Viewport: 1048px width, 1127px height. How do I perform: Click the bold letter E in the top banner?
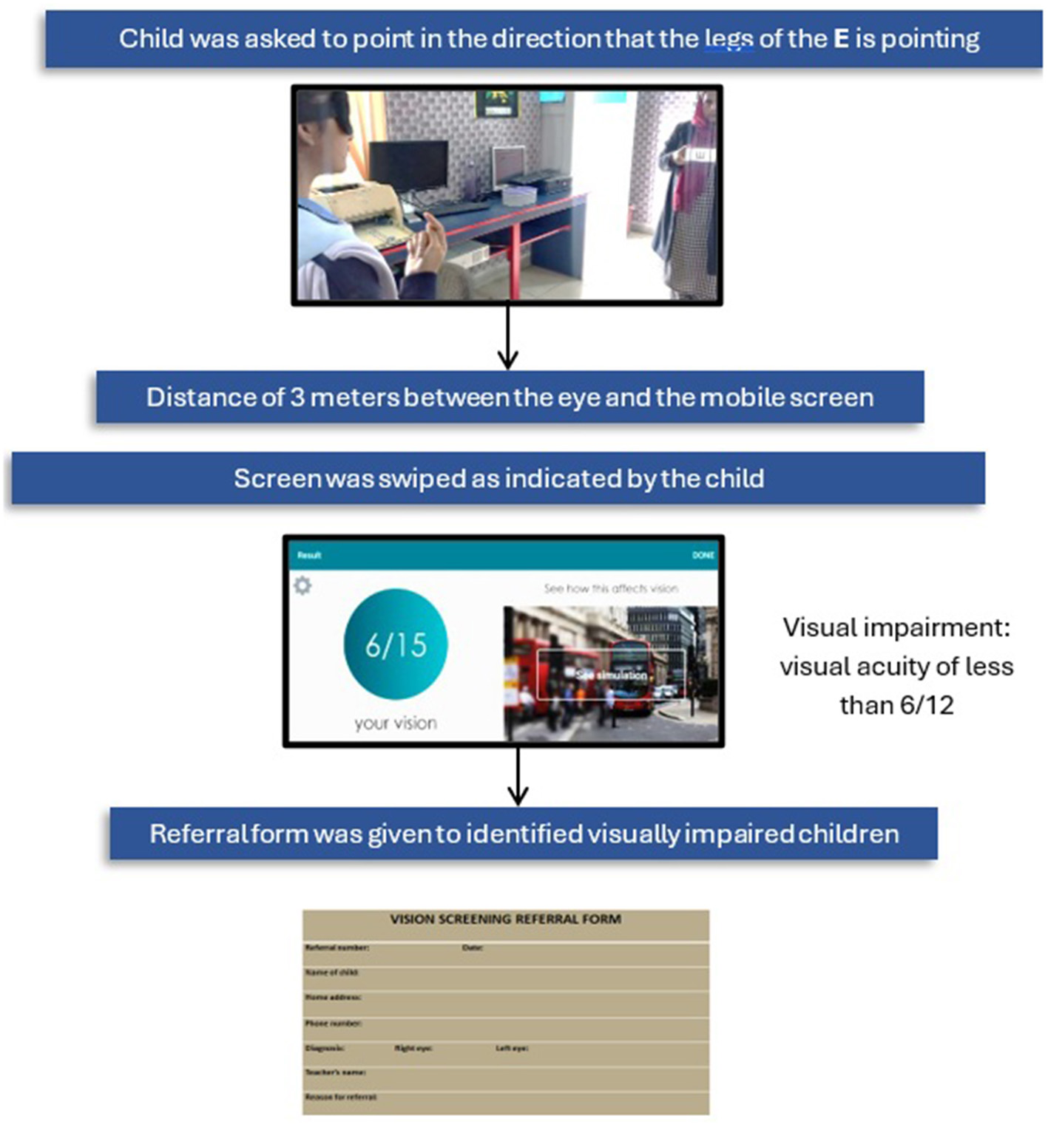point(840,38)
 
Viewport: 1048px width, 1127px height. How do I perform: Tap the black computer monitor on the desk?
point(408,166)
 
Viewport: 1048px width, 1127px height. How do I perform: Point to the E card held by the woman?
point(700,156)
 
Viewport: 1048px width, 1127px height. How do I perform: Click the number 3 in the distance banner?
point(297,398)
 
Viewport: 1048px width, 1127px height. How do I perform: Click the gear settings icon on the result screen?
point(302,585)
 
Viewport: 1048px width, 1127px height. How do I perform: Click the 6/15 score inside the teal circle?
point(396,645)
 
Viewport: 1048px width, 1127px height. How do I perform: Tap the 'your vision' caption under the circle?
point(396,723)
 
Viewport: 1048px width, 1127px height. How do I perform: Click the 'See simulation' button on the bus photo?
point(611,675)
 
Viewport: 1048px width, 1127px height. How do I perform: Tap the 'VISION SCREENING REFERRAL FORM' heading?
point(505,919)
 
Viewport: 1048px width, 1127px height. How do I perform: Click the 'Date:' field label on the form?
point(473,947)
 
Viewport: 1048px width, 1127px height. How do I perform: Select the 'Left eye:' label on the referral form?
point(512,1048)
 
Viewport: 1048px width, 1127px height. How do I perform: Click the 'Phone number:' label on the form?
point(333,1024)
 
